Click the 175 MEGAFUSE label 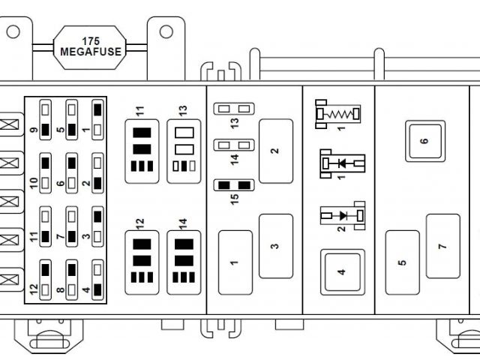pyautogui.click(x=91, y=46)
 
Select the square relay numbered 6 pyautogui.click(x=424, y=141)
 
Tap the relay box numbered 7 pyautogui.click(x=442, y=246)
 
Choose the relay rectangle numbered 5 pyautogui.click(x=403, y=262)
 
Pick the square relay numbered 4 pyautogui.click(x=341, y=271)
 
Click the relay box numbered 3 pyautogui.click(x=276, y=246)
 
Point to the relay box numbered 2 pyautogui.click(x=276, y=151)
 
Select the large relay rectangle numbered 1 pyautogui.click(x=235, y=262)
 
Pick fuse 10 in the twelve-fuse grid pyautogui.click(x=46, y=172)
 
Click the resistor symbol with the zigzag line pyautogui.click(x=337, y=114)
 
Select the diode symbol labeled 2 pyautogui.click(x=343, y=216)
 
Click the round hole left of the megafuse pyautogui.click(x=13, y=31)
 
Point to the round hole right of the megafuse pyautogui.click(x=166, y=31)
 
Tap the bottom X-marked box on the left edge pyautogui.click(x=10, y=279)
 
